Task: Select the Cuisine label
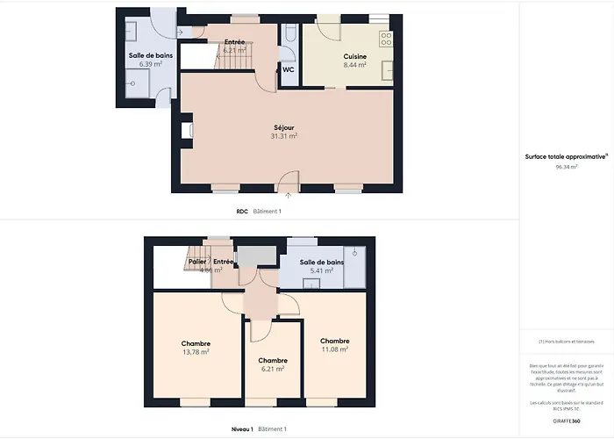click(x=354, y=56)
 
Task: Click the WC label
click(x=288, y=70)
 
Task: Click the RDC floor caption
click(x=242, y=212)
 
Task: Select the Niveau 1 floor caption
click(x=242, y=428)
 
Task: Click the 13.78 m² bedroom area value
click(x=195, y=352)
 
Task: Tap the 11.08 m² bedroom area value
click(x=334, y=349)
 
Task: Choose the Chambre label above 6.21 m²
click(x=272, y=360)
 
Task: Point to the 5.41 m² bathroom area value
click(x=321, y=270)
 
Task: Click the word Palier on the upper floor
click(x=196, y=262)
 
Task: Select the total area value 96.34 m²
click(x=566, y=165)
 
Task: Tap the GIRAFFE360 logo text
click(x=566, y=421)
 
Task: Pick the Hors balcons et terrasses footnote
click(x=566, y=342)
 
